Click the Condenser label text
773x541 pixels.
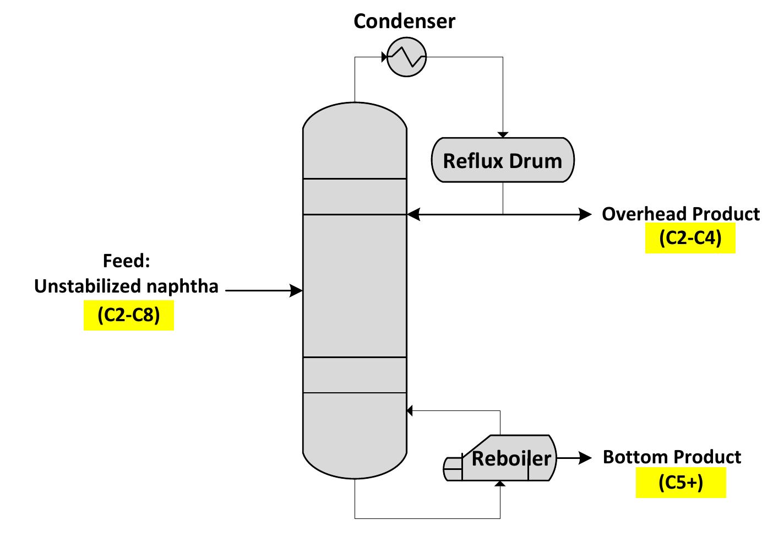[x=404, y=21]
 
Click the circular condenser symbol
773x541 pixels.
[x=406, y=57]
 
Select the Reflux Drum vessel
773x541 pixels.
[x=502, y=160]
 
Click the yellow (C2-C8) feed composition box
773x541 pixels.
[x=129, y=315]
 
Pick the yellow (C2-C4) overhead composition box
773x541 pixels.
[x=690, y=238]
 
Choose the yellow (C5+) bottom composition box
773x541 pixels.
[x=681, y=483]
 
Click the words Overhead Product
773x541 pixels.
[x=681, y=214]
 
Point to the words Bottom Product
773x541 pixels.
[x=672, y=457]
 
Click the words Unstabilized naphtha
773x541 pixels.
[x=126, y=286]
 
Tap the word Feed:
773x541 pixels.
[x=126, y=261]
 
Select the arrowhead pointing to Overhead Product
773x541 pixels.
[x=585, y=214]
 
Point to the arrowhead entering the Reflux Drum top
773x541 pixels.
[x=503, y=134]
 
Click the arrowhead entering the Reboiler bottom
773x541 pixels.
[x=500, y=484]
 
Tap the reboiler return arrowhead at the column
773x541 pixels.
[x=410, y=410]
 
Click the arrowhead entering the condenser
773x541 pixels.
[x=384, y=57]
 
